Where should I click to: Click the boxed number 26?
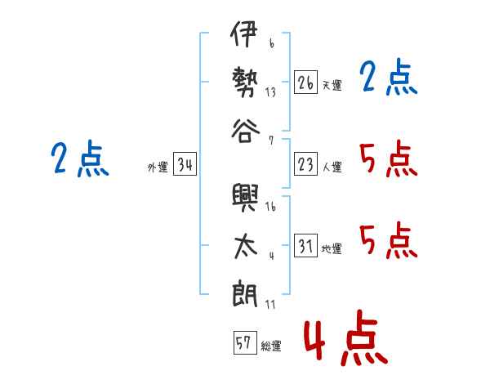click(305, 83)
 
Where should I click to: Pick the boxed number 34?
click(185, 166)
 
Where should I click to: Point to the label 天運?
click(332, 85)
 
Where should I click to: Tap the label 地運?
click(332, 248)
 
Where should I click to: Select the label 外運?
click(158, 167)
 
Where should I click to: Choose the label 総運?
click(271, 346)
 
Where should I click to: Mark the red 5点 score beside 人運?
click(388, 159)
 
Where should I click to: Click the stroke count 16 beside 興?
click(270, 207)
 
